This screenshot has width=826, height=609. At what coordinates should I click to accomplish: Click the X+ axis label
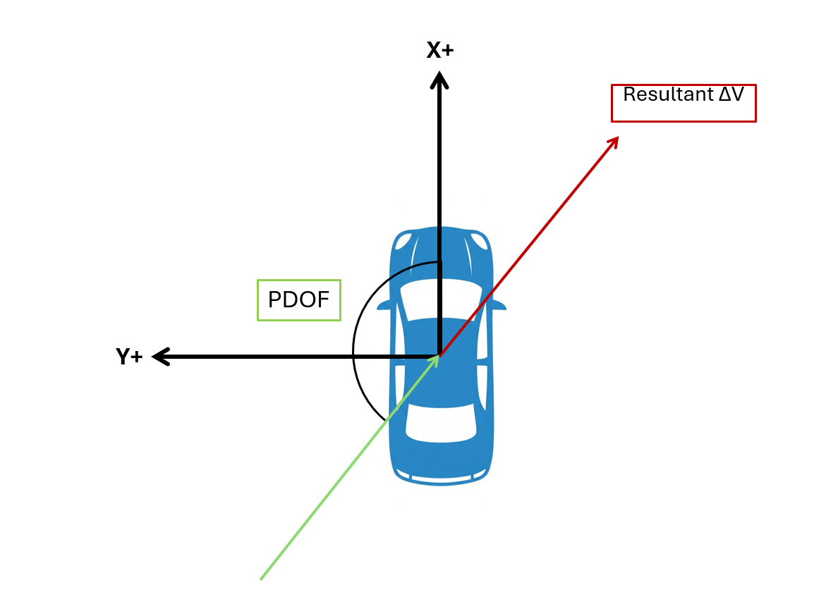pyautogui.click(x=439, y=50)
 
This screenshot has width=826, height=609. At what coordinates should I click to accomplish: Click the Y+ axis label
pyautogui.click(x=130, y=357)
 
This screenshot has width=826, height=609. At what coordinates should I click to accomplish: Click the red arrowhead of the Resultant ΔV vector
pyautogui.click(x=614, y=141)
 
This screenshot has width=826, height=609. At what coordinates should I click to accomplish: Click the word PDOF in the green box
pyautogui.click(x=298, y=300)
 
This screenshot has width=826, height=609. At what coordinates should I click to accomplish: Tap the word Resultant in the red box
pyautogui.click(x=667, y=94)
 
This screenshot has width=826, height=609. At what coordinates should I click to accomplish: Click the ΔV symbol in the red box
pyautogui.click(x=731, y=94)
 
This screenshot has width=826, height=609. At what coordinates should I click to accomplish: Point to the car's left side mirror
pyautogui.click(x=384, y=306)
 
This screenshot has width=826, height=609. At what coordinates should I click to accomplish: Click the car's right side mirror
pyautogui.click(x=499, y=305)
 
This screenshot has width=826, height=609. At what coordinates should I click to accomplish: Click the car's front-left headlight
pyautogui.click(x=403, y=242)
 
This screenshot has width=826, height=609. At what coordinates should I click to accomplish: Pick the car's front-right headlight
pyautogui.click(x=480, y=242)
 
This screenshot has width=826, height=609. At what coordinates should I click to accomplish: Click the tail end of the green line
pyautogui.click(x=262, y=579)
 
